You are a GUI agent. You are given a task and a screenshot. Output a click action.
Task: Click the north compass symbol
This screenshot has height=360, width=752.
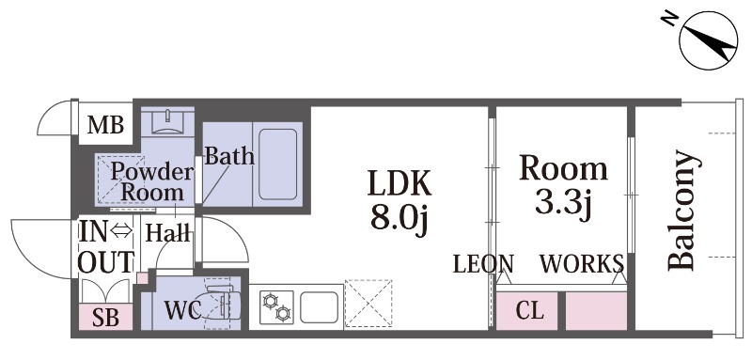704,41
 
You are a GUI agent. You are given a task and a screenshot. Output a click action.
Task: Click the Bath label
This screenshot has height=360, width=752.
229,156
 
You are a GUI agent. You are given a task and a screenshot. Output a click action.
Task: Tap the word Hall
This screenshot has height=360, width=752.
167,232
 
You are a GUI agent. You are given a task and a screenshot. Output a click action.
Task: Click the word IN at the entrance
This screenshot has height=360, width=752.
93,231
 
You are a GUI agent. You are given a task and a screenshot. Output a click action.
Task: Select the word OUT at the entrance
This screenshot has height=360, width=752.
105,262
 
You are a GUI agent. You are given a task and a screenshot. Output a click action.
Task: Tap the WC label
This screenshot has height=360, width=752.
181,311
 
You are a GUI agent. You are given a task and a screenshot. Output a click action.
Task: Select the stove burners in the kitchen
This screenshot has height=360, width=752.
277,305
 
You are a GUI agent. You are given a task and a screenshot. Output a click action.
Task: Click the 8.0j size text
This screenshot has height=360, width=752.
399,222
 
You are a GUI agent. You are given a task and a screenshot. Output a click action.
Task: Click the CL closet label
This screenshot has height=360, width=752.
530,311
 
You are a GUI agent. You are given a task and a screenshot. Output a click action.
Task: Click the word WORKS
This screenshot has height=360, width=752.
581,262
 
